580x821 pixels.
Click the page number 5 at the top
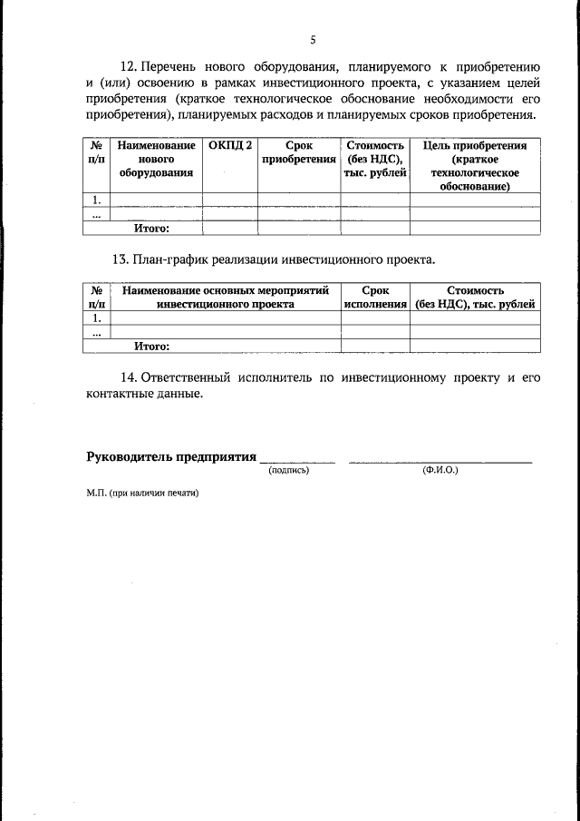tap(313, 39)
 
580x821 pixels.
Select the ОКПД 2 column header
tap(229, 145)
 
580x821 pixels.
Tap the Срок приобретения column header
tap(298, 152)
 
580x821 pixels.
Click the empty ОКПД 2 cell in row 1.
tap(229, 200)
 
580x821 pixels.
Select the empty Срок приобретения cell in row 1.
tap(298, 200)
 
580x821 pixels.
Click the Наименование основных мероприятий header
tap(225, 298)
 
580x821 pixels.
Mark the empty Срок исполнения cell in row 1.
tap(375, 318)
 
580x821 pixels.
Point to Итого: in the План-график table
tap(151, 346)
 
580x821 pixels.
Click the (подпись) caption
tap(288, 472)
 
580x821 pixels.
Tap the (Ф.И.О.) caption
tap(440, 472)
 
